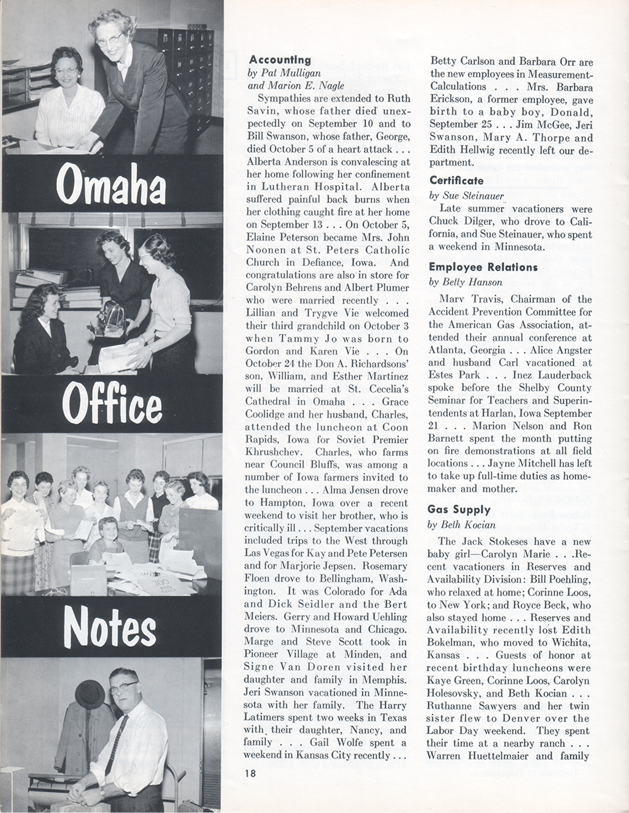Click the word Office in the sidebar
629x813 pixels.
pyautogui.click(x=112, y=403)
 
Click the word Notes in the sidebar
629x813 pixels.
pyautogui.click(x=110, y=626)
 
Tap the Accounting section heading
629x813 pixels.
pyautogui.click(x=280, y=60)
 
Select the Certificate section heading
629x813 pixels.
pyautogui.click(x=456, y=180)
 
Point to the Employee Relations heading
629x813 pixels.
pyautogui.click(x=483, y=267)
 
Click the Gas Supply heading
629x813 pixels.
pyautogui.click(x=459, y=509)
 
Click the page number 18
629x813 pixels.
pyautogui.click(x=250, y=773)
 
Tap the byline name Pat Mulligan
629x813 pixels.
pyautogui.click(x=285, y=73)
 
